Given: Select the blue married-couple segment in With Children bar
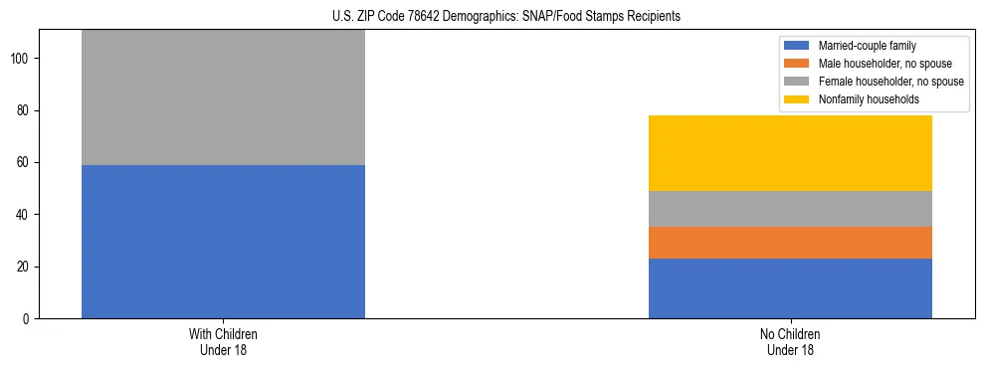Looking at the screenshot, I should click(x=223, y=242).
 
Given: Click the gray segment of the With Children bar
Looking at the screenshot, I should click(x=223, y=97).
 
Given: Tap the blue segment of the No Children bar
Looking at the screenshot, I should click(x=790, y=288).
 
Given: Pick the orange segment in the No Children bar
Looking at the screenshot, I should click(x=790, y=243).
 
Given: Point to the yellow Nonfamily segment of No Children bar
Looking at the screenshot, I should click(x=790, y=153).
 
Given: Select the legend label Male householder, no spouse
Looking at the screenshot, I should click(x=885, y=64).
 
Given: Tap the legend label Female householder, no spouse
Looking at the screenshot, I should click(x=890, y=82).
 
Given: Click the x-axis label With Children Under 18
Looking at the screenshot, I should click(x=223, y=342).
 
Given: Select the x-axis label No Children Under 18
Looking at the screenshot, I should click(x=790, y=342).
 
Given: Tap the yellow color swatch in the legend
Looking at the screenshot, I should click(x=797, y=99).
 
